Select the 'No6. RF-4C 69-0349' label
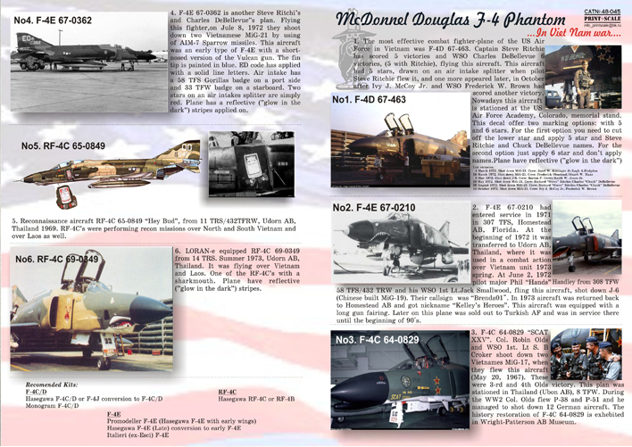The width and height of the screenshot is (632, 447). (x=56, y=259)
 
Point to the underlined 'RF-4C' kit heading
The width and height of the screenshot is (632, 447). (x=228, y=391)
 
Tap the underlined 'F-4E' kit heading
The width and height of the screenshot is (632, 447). (x=113, y=414)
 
